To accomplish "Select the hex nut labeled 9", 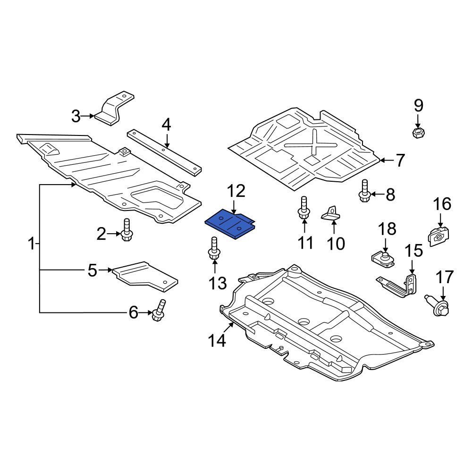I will [418, 133].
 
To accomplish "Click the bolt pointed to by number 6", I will [159, 311].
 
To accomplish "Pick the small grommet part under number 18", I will [383, 258].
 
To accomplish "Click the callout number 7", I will [400, 161].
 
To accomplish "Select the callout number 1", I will [31, 244].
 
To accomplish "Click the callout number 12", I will [236, 192].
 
